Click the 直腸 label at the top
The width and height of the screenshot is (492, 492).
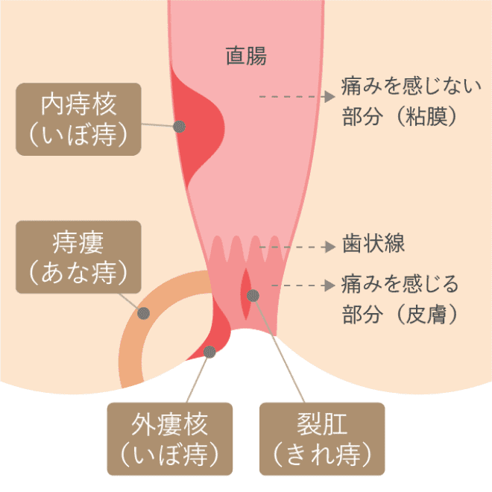click(x=246, y=56)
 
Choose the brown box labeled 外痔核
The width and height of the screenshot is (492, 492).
click(x=168, y=439)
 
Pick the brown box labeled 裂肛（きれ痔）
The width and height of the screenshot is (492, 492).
click(x=321, y=439)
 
